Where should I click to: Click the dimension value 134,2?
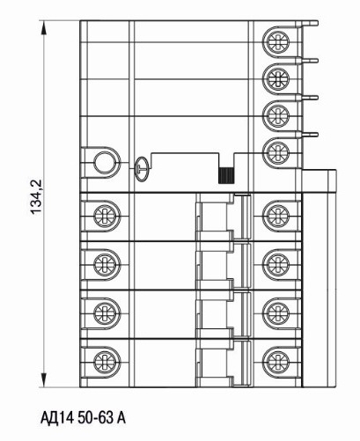click(x=36, y=196)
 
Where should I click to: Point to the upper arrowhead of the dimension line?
click(x=44, y=27)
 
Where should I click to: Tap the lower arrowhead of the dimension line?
click(x=44, y=379)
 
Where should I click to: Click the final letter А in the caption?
click(x=121, y=418)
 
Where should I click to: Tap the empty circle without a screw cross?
click(x=105, y=162)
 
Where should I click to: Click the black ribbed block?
click(x=226, y=175)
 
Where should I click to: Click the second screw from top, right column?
click(x=276, y=77)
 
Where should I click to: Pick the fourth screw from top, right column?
click(x=276, y=151)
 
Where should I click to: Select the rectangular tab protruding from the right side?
click(x=320, y=180)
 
